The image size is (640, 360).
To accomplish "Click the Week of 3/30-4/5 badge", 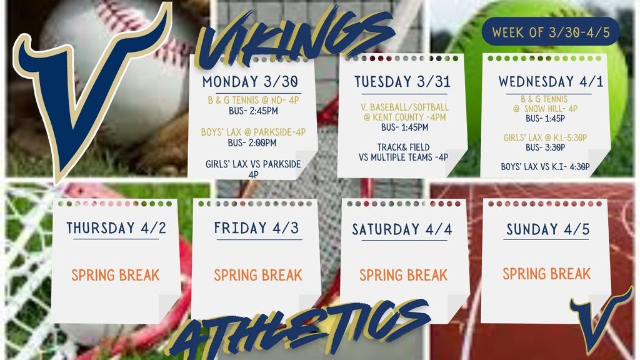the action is pos(551,31).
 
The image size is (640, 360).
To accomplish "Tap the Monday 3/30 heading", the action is pos(250,82).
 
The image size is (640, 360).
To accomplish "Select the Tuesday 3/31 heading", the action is pos(402,82).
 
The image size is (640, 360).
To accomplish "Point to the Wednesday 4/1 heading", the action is pos(551,82).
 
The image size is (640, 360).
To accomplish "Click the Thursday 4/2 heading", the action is pos(116,227).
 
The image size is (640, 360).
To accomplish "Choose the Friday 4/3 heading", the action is pos(256,227).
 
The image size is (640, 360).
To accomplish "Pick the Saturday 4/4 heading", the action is pos(402,229).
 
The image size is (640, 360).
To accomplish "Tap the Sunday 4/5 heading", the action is pos(547,229).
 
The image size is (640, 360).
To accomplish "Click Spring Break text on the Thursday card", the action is pos(116,275).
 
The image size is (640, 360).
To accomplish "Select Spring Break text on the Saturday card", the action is pos(403,275).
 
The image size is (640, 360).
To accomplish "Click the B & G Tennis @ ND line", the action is pos(254,100).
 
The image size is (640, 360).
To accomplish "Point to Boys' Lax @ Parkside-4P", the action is pos(254,132).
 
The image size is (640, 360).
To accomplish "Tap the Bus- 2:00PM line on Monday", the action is pos(252,143).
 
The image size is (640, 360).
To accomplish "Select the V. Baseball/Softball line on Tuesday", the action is pos(404,107).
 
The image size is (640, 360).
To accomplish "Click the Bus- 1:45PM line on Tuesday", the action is pos(405,127).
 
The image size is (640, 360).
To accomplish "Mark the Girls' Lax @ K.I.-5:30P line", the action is pos(545,138).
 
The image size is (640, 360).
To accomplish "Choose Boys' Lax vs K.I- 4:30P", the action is pos(545,166).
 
